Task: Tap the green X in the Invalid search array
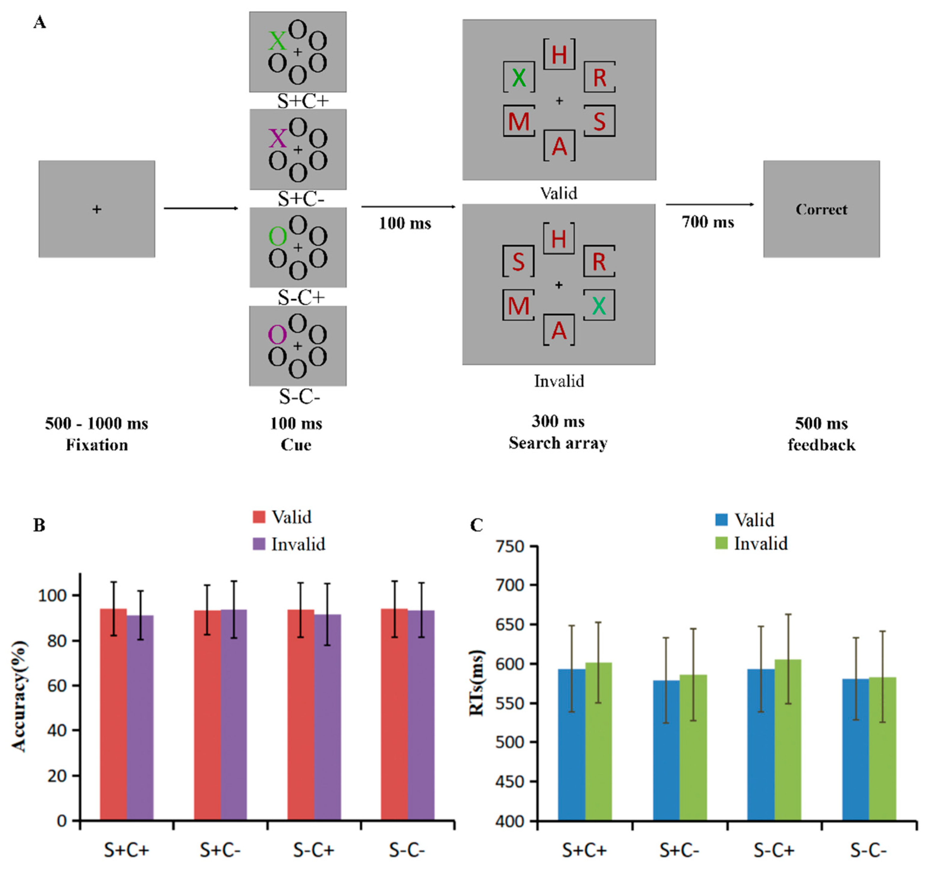click(599, 306)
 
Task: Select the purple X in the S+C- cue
click(278, 139)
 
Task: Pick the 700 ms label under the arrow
click(708, 222)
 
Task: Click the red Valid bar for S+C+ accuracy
click(113, 716)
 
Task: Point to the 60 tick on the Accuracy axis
click(57, 686)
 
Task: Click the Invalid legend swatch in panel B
click(259, 544)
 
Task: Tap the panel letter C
click(476, 525)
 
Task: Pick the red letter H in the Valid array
click(559, 55)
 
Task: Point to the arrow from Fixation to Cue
click(201, 208)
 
